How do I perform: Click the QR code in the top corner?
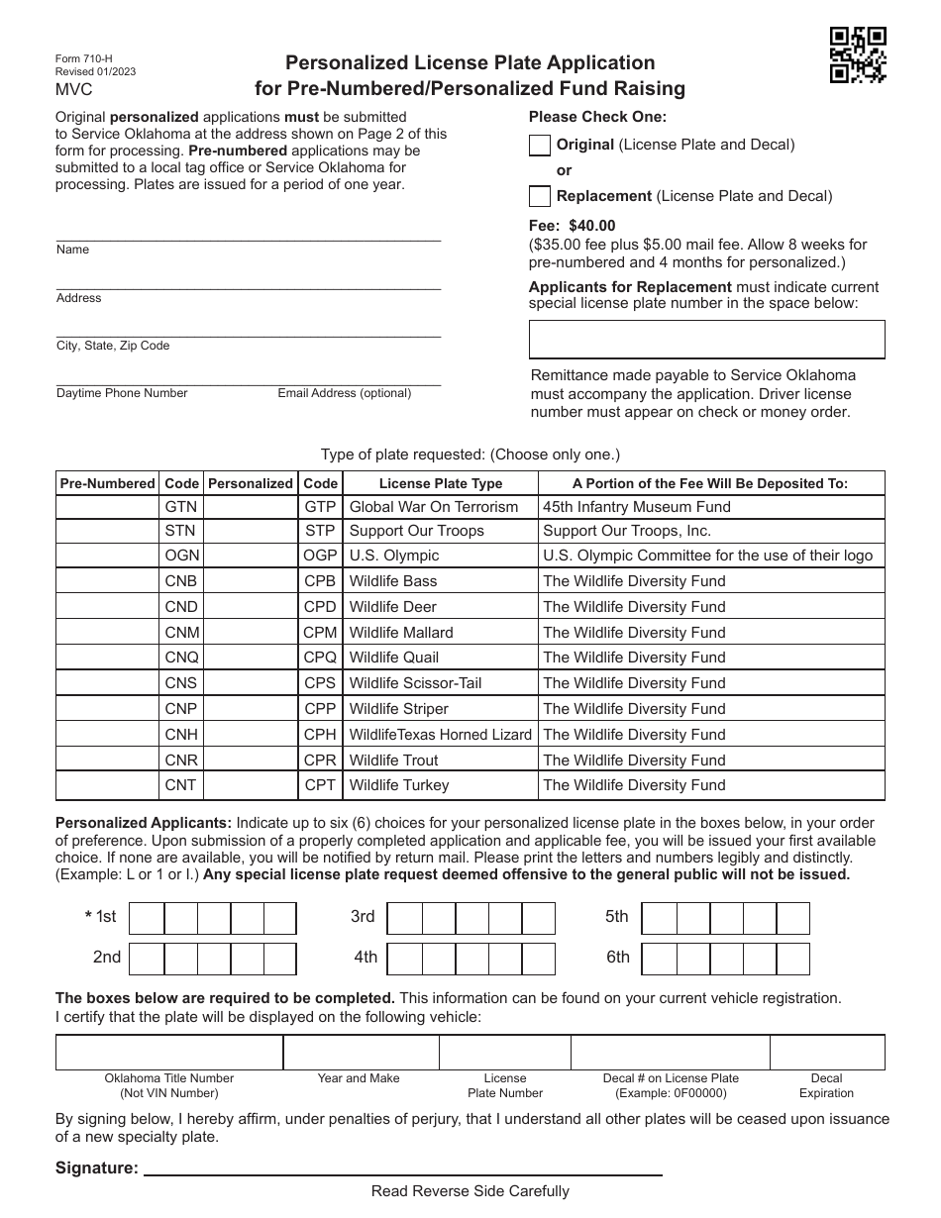(857, 54)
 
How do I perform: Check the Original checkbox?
(540, 146)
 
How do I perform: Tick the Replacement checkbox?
(540, 196)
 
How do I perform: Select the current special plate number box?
(706, 340)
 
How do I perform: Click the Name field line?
(248, 234)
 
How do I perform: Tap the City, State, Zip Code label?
(113, 346)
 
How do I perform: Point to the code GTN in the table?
(181, 507)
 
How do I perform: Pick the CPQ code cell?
(320, 658)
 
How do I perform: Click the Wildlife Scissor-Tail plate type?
(415, 683)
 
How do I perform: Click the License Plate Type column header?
(441, 484)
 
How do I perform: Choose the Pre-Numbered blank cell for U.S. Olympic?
(107, 556)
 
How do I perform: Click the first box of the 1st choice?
(147, 919)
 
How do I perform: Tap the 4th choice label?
(366, 958)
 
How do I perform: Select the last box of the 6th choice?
(793, 959)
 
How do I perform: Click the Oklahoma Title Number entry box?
(169, 1053)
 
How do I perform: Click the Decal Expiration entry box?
(827, 1053)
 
